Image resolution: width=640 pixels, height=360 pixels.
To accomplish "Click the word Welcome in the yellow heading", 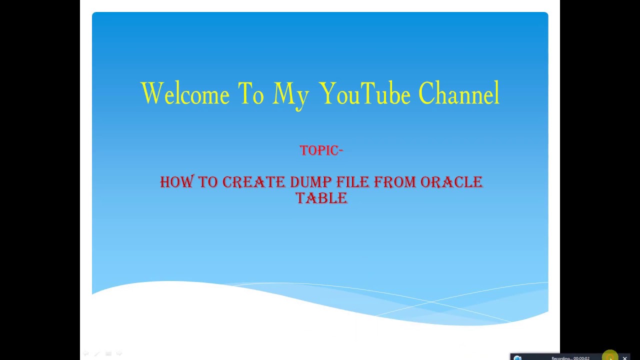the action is pos(185,93).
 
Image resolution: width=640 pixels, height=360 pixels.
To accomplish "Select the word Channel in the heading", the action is pos(459,92).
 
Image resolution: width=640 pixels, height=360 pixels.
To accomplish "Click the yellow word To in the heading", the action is pos(251,93).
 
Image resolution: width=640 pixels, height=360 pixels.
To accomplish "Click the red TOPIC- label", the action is pos(321,150).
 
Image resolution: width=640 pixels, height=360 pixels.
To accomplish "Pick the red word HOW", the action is pos(177,181).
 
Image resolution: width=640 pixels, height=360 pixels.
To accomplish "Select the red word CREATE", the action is pos(253,182).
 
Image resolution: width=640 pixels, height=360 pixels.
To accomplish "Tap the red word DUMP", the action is pos(311,182).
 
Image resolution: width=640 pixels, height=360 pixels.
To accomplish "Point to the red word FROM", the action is pos(395,182).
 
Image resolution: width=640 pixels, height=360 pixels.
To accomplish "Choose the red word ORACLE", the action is pos(451,182).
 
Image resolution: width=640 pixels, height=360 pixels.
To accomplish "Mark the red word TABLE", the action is pos(321,198).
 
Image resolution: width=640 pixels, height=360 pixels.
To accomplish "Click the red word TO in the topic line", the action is pos(208,182).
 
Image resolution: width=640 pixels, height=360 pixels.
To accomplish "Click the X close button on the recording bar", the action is pos(625,357).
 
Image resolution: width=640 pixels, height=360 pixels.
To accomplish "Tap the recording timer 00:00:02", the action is pos(581,358).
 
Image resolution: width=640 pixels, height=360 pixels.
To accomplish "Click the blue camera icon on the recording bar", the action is pos(517,357).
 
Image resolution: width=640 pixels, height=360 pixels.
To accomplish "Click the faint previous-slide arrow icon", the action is pos(85,353).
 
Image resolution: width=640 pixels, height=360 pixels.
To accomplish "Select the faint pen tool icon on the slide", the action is pos(97,353).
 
